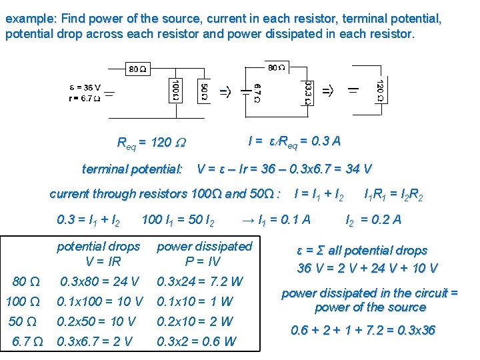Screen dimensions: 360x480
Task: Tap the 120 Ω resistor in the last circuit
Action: click(x=379, y=91)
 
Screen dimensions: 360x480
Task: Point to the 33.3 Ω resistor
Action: click(x=307, y=91)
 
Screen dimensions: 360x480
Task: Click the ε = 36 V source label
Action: click(x=85, y=87)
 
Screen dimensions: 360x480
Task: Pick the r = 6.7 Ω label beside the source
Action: click(x=84, y=98)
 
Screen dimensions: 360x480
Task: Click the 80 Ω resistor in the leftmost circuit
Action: click(x=138, y=68)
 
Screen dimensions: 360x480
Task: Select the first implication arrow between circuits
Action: click(x=226, y=91)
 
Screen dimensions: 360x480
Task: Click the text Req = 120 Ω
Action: click(x=152, y=142)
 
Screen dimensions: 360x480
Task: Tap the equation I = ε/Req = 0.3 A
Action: click(x=294, y=141)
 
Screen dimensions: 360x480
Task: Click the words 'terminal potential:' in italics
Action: click(x=132, y=169)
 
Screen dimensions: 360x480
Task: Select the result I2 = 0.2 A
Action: click(x=373, y=219)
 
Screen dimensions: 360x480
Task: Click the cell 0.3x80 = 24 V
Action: click(x=99, y=281)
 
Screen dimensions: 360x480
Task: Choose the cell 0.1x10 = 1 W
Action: click(x=195, y=301)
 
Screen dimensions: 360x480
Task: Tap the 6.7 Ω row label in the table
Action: click(x=28, y=342)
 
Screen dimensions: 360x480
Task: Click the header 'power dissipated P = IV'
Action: click(x=204, y=254)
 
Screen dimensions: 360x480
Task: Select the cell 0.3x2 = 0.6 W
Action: click(x=196, y=342)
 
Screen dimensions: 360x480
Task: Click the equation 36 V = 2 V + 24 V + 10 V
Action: click(x=367, y=268)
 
